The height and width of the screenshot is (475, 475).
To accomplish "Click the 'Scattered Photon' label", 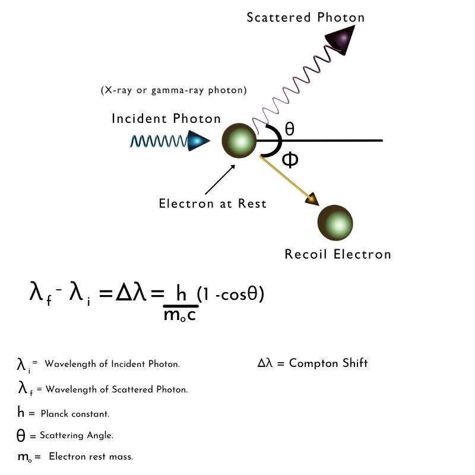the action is pos(305,18).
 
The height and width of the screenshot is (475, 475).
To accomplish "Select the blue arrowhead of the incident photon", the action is pos(198,141).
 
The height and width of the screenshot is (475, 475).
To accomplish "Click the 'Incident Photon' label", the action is pos(166,118).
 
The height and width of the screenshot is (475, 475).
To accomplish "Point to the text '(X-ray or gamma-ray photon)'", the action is pos(173,90).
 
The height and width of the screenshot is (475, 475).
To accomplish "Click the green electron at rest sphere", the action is pos(239,141).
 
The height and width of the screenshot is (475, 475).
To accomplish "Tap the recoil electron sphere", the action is pos(335,223).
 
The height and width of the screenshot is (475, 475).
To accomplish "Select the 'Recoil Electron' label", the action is pos(338,254).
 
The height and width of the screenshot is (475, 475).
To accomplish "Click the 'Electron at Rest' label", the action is pos(213,204).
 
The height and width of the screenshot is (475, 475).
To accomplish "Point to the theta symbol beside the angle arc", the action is pos(290,129).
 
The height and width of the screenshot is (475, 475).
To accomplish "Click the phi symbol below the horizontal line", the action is pos(290,160).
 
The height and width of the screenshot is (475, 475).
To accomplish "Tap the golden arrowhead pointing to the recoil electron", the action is pos(312,199).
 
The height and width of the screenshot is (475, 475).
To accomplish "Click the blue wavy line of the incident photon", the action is pos(159,141).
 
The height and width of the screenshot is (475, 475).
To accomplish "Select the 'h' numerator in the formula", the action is pos(181,293).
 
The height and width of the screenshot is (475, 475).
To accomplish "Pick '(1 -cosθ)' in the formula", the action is pos(230,294).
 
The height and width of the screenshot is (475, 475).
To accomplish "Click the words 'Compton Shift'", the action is pos(328,363).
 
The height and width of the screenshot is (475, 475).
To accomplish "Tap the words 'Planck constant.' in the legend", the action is pos(75,414).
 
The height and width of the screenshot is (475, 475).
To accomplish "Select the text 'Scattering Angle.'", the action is pos(77,435).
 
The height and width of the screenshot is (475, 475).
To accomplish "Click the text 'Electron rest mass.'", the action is pos(91,457).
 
